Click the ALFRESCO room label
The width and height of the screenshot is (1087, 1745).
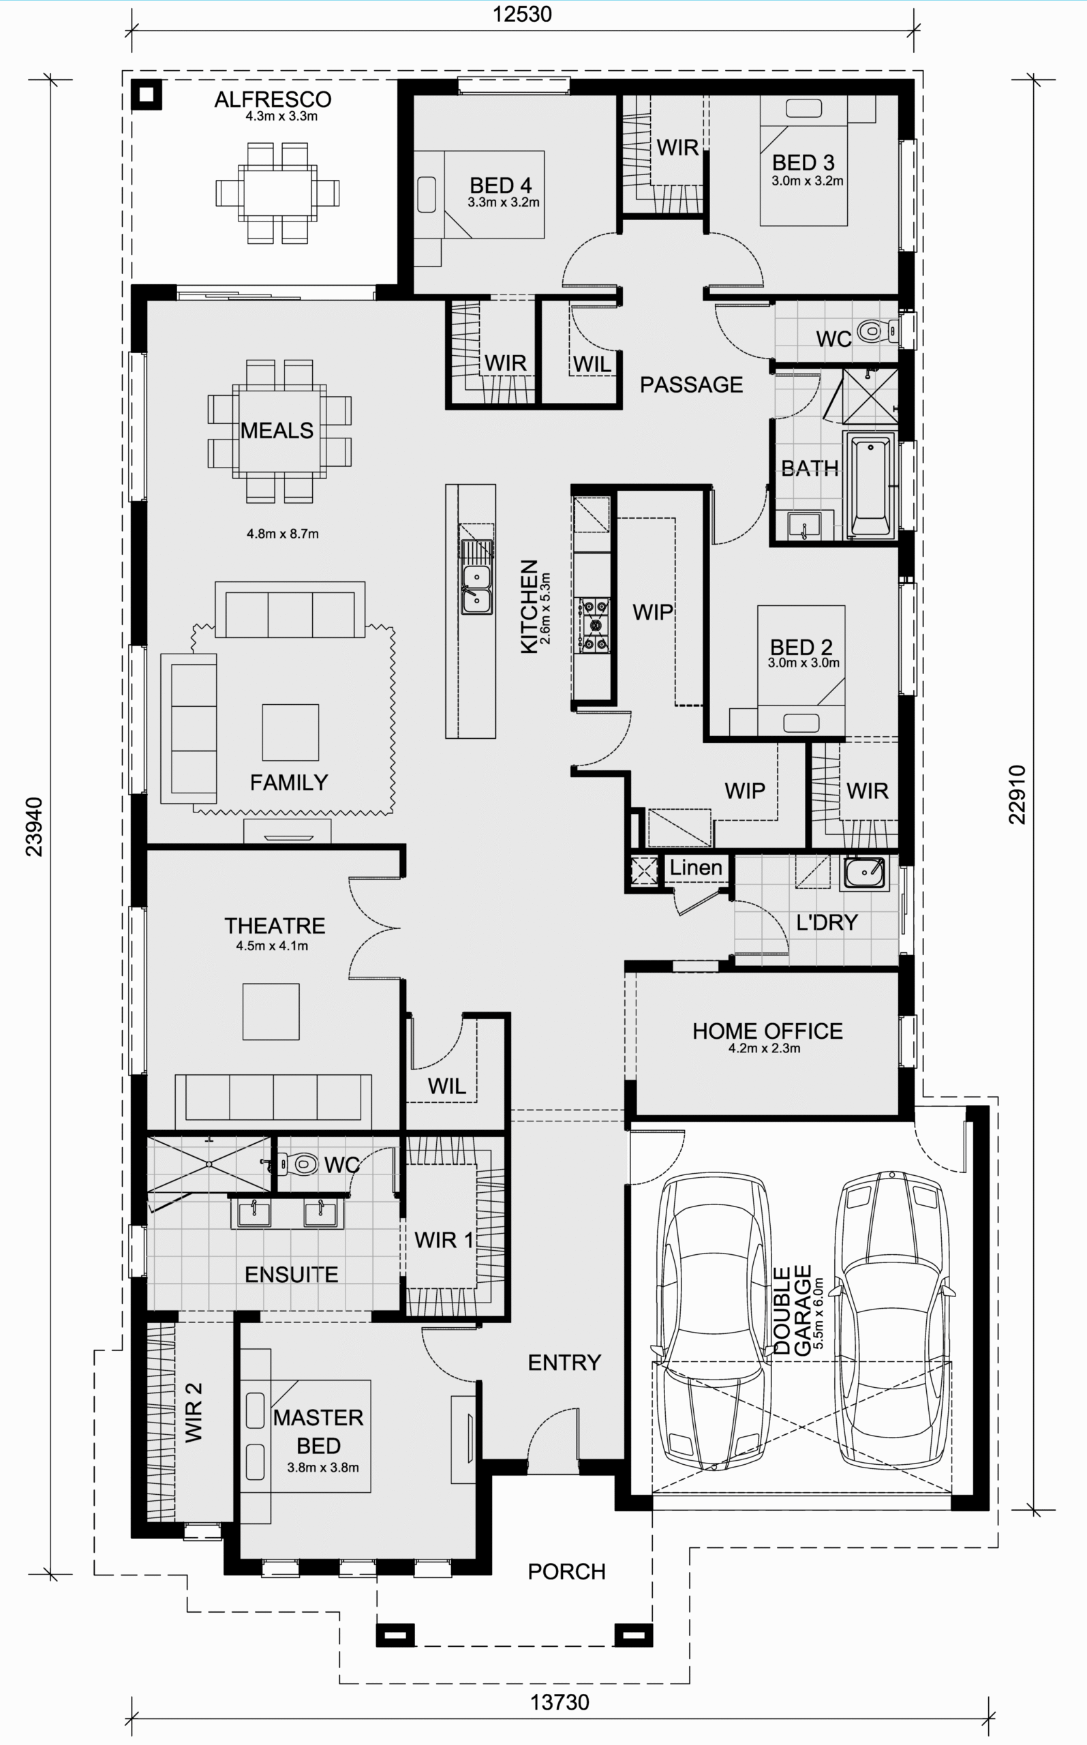click(x=273, y=100)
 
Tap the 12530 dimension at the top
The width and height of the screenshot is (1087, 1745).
click(x=522, y=14)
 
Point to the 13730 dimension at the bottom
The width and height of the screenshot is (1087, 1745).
click(x=560, y=1702)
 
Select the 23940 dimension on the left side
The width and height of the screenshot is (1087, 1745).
click(x=34, y=826)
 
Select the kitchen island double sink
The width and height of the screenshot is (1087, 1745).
click(x=476, y=589)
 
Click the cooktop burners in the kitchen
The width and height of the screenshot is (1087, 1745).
click(x=594, y=625)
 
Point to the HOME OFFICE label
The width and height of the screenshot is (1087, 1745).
click(x=767, y=1031)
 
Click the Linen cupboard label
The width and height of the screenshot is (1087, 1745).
click(x=696, y=867)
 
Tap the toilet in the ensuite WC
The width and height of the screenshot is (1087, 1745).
click(x=299, y=1163)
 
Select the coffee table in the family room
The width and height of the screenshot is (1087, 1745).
click(x=290, y=732)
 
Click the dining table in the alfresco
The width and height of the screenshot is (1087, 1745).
click(x=277, y=193)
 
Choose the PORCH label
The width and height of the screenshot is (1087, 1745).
click(x=566, y=1572)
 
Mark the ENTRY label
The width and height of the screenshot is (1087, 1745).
click(x=564, y=1363)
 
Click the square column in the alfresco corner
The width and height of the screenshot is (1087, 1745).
click(x=147, y=94)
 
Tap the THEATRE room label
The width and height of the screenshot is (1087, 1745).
click(x=275, y=926)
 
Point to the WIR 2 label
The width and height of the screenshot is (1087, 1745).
click(x=194, y=1412)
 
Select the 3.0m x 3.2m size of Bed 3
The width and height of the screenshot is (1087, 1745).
click(x=808, y=181)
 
